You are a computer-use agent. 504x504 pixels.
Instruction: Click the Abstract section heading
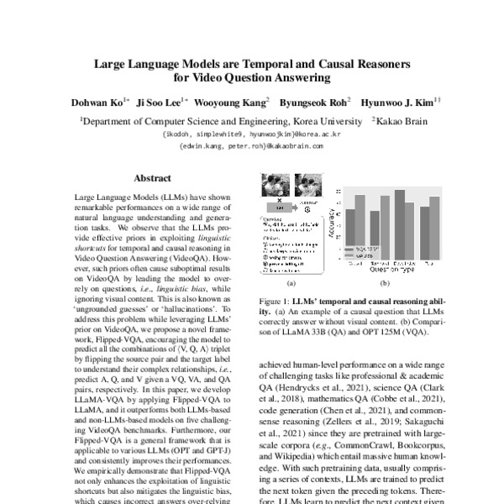(152, 178)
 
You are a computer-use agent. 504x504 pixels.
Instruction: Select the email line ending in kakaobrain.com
(251, 145)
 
